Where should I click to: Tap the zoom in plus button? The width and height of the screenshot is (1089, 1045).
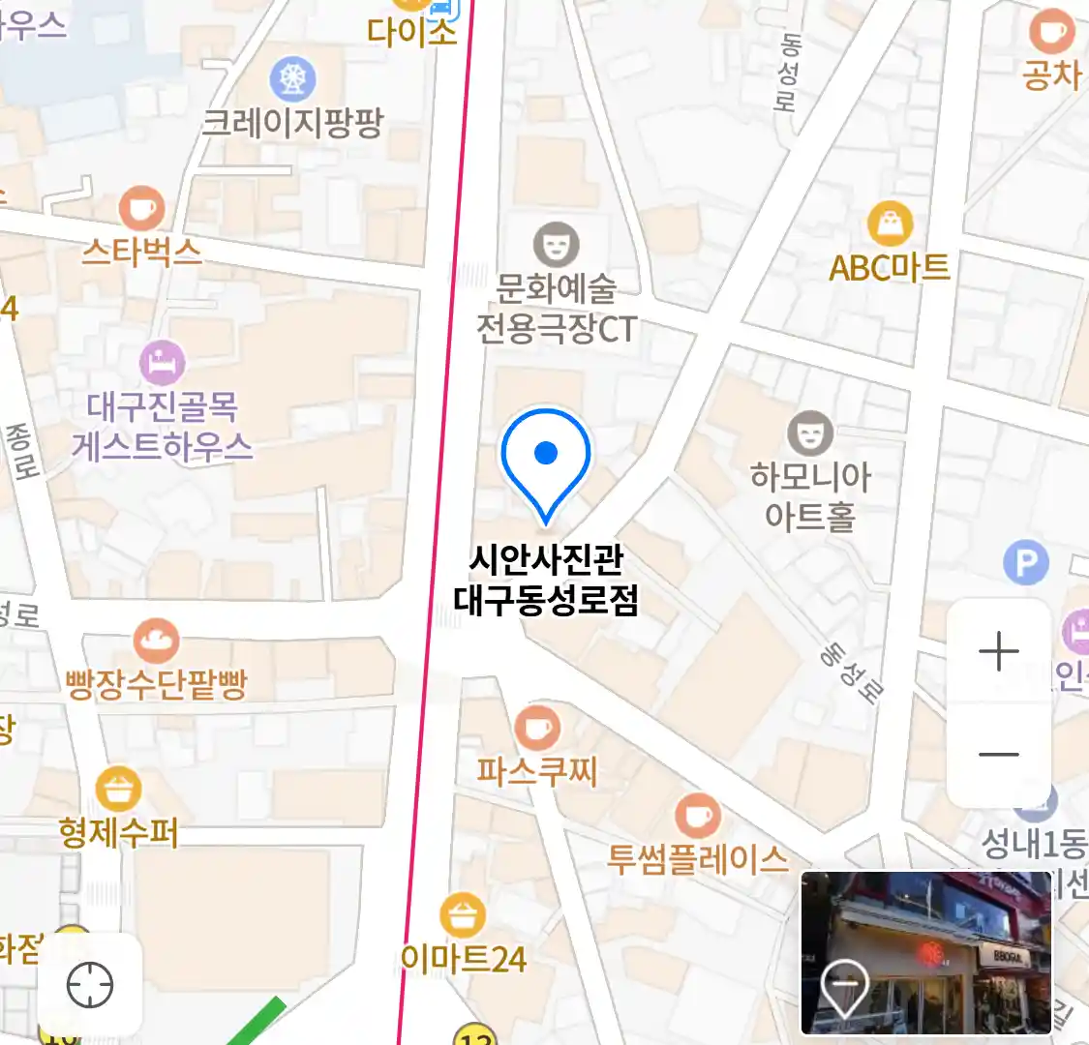pos(998,652)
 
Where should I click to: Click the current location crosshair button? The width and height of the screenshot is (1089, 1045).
pos(90,985)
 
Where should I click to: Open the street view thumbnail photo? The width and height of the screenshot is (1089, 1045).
pos(925,952)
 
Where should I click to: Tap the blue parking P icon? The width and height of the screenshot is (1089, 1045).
pos(1026,563)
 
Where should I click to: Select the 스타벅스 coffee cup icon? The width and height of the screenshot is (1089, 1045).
pos(141,208)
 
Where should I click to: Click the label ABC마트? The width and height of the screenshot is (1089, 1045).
pos(890,267)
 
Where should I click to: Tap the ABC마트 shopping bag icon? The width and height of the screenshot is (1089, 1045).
pos(890,224)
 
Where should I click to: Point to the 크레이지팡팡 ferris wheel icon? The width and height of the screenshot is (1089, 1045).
pos(293,79)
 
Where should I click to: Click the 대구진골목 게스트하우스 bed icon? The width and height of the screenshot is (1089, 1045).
pos(163,364)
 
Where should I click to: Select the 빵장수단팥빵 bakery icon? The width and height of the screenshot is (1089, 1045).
pos(155,642)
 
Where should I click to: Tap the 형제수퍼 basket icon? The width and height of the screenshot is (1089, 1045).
pos(118,791)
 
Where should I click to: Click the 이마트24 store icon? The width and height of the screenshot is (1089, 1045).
pos(463,915)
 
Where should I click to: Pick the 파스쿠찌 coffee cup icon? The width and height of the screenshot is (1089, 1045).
pos(536,729)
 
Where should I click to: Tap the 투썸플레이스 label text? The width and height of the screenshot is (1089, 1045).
pos(697,858)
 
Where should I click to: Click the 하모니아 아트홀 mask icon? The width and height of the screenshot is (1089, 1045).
pos(809,433)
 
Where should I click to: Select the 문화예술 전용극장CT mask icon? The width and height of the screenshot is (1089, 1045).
pos(556,245)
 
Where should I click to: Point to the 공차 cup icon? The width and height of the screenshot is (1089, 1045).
pos(1051,32)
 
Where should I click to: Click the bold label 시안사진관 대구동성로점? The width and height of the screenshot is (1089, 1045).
pos(546,580)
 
